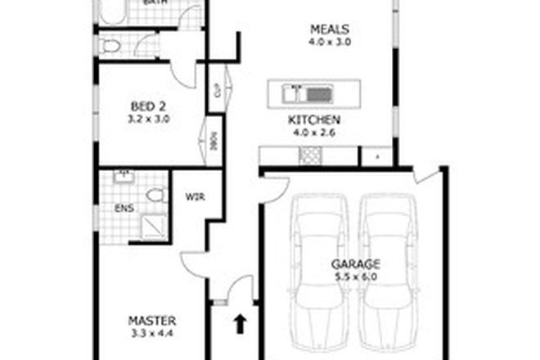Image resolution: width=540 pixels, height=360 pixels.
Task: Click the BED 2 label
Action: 150,104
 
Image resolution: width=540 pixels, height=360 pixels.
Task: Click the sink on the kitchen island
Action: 317,92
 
